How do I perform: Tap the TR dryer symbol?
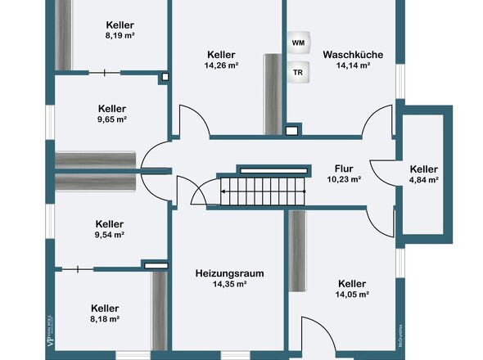click(297, 71)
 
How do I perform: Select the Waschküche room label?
click(352, 55)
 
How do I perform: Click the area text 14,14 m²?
click(352, 65)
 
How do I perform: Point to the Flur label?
click(344, 168)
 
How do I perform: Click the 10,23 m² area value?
click(344, 179)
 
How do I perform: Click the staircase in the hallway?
click(260, 194)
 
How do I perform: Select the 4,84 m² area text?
click(424, 180)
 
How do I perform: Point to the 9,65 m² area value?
click(112, 119)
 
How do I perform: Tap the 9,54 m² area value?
click(110, 235)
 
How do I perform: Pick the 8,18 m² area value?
click(106, 319)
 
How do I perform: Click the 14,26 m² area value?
click(222, 65)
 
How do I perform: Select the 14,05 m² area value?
click(352, 295)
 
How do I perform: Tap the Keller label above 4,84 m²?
click(424, 169)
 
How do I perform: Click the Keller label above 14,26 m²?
click(222, 54)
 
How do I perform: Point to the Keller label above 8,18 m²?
click(106, 308)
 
